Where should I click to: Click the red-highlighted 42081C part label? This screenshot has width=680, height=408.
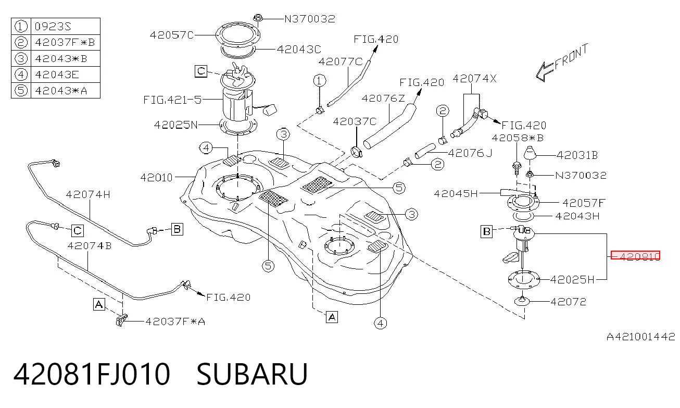(635, 256)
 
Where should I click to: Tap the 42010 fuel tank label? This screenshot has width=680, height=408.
(156, 177)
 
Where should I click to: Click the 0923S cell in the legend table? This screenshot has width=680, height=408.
(53, 27)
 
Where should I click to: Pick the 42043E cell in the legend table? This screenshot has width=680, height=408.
(57, 75)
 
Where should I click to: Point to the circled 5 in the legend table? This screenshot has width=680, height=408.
(21, 90)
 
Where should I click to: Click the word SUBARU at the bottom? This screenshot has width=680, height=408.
(252, 374)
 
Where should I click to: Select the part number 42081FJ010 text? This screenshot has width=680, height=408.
(92, 374)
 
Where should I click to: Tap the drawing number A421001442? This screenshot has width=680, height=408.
(641, 337)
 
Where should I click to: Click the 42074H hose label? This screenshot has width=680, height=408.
(88, 194)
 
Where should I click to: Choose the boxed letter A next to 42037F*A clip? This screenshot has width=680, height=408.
(99, 304)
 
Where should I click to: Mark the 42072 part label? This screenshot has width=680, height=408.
(568, 302)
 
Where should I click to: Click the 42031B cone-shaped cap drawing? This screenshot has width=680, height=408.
(530, 153)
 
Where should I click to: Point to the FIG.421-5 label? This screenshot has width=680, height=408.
(172, 100)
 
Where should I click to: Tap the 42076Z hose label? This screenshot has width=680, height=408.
(383, 98)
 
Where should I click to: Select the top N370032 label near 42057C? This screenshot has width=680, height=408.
(310, 19)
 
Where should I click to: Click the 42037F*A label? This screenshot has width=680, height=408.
(175, 322)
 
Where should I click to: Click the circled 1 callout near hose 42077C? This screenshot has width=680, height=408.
(320, 81)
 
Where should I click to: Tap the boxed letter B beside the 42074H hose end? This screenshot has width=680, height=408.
(177, 229)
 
